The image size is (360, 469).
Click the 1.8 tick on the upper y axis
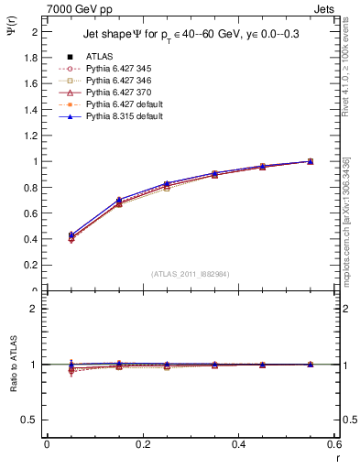click(x=33, y=57)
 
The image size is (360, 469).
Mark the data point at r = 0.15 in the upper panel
click(x=118, y=201)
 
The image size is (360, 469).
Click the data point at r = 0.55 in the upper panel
click(x=310, y=161)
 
